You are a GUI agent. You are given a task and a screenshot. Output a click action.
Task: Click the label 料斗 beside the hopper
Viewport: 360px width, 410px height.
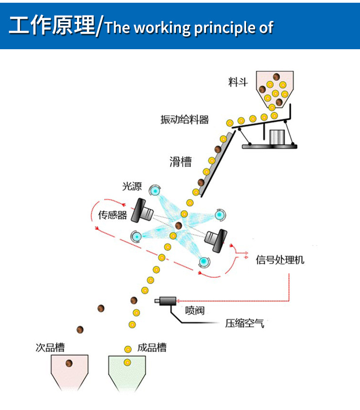[238, 82]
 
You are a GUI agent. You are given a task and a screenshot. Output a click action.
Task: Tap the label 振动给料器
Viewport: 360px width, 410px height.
[185, 120]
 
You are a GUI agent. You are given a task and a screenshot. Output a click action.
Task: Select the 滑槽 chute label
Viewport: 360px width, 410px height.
[180, 162]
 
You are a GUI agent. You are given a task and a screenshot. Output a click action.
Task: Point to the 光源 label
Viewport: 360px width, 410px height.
[132, 186]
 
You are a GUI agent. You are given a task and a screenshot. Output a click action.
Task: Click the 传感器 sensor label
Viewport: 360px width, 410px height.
[113, 215]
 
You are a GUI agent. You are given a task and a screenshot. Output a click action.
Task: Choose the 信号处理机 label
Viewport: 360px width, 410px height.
[280, 260]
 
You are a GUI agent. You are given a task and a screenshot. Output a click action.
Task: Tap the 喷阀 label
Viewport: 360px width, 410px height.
[195, 311]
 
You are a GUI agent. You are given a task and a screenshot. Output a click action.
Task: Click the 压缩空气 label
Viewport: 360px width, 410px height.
[244, 324]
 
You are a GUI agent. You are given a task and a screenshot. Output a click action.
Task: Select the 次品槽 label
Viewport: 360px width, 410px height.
[50, 348]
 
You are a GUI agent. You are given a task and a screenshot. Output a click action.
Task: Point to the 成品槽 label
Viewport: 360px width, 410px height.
[152, 348]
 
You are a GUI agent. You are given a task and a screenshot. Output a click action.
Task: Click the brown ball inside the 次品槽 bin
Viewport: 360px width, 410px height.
[69, 363]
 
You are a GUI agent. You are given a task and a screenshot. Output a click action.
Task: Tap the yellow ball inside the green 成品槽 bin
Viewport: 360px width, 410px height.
[128, 363]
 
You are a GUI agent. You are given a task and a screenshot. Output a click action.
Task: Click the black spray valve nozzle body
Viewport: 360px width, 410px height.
[167, 301]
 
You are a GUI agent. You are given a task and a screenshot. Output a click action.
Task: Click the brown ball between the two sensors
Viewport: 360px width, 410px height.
[178, 225]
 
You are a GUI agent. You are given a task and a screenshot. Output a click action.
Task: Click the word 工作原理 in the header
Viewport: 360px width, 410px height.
[51, 26]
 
